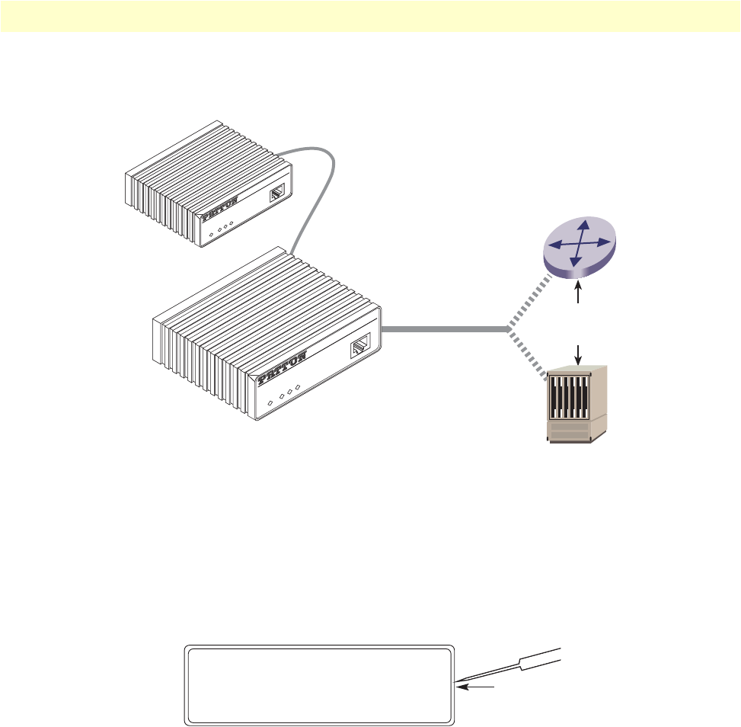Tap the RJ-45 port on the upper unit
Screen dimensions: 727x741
click(279, 192)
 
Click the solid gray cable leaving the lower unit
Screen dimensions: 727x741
click(442, 329)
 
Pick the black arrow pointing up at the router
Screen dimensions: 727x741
click(580, 293)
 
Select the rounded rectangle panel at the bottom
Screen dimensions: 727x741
click(320, 686)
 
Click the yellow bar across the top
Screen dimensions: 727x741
click(370, 16)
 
